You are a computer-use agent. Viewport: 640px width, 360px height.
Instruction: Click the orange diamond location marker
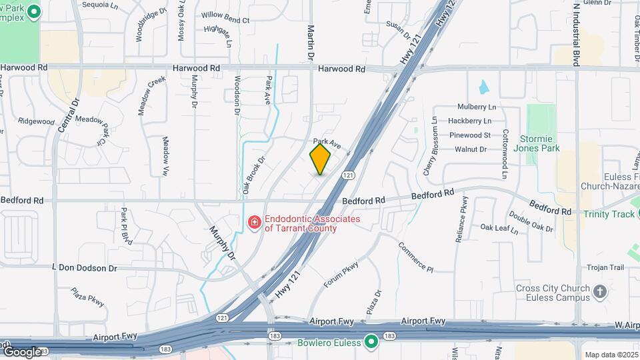(x=320, y=160)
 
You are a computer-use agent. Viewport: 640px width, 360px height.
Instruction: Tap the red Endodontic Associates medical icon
(x=254, y=223)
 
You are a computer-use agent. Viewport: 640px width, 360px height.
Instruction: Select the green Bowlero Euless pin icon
(x=371, y=343)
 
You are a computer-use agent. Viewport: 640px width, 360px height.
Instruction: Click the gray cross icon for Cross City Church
(x=600, y=291)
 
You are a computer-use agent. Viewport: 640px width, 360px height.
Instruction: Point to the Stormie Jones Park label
(x=539, y=144)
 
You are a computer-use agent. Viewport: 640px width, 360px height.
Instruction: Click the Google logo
(x=21, y=351)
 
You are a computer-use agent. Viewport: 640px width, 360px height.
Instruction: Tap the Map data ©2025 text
(x=611, y=355)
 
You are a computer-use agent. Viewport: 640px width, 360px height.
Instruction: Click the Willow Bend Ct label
(x=225, y=20)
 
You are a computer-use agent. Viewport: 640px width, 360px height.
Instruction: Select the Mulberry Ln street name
(x=477, y=107)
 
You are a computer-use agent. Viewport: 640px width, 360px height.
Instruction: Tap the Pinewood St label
(x=469, y=135)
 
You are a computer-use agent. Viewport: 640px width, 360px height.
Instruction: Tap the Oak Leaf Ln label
(x=499, y=228)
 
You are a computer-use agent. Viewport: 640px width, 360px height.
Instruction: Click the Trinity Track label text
(x=609, y=214)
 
